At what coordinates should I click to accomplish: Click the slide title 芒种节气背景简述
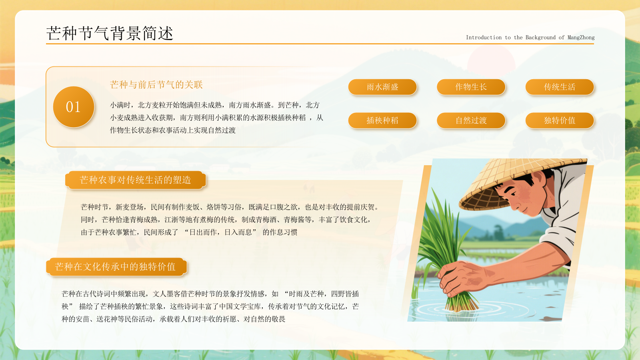(110, 33)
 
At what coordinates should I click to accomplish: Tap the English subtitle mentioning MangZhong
(530, 38)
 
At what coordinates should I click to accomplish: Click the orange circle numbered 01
(74, 107)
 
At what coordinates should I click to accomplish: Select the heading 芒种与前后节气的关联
(156, 85)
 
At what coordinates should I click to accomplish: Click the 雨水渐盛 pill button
(382, 87)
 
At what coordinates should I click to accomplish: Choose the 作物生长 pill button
(471, 87)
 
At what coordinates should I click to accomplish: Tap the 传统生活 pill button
(559, 87)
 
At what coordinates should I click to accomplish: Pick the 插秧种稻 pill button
(382, 120)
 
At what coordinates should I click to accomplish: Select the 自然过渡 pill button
(471, 120)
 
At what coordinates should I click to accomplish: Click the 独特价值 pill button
(559, 120)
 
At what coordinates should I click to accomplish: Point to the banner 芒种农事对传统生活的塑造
(136, 180)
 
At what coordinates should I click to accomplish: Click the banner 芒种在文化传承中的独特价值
(116, 267)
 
